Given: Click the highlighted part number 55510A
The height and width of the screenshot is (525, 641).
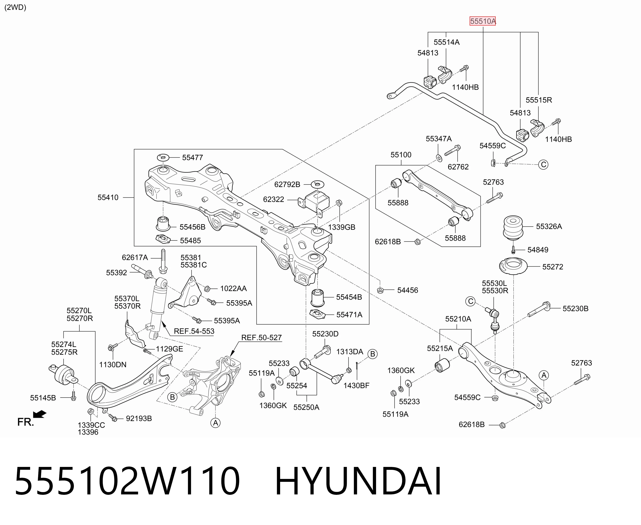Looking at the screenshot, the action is [x=483, y=21].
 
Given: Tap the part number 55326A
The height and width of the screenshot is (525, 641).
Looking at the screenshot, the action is [x=549, y=226].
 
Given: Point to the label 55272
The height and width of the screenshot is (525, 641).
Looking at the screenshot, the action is [x=553, y=267].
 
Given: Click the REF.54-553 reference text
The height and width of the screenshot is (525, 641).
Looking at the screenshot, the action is [x=194, y=331].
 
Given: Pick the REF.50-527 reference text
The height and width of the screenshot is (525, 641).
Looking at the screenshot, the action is [x=261, y=337].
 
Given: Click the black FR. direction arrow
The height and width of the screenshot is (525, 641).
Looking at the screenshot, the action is [x=40, y=414].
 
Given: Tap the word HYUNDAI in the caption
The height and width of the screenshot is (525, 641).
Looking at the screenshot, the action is [x=358, y=481].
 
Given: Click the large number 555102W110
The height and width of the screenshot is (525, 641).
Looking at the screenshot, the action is [x=127, y=481].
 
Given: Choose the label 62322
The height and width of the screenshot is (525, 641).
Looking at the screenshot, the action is [x=273, y=200].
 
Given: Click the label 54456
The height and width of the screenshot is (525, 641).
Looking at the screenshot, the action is [x=408, y=290].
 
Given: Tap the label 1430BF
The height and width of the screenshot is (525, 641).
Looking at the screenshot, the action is [x=356, y=386].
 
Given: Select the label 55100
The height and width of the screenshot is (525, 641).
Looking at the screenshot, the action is [x=401, y=155].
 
